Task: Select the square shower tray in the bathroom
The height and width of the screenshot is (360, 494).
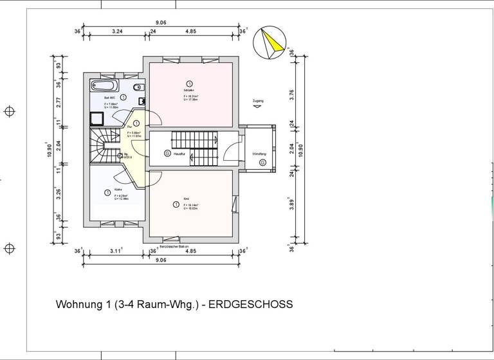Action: [96, 118]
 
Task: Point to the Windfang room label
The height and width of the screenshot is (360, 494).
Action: [259, 154]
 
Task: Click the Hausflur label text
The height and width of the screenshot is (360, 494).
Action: [179, 154]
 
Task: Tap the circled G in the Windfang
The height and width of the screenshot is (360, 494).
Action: [262, 162]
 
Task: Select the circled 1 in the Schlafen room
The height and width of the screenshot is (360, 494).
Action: [190, 84]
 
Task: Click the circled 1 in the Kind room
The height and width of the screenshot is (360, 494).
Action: [176, 204]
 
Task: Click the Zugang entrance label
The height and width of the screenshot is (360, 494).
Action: [258, 102]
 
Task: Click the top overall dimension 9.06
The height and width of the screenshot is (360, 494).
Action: [161, 22]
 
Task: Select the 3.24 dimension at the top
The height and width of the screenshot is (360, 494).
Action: [117, 31]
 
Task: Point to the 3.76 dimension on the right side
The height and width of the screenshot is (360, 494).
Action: [291, 94]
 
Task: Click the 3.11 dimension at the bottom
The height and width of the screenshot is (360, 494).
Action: [116, 251]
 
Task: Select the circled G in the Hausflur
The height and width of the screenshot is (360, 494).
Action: [167, 154]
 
